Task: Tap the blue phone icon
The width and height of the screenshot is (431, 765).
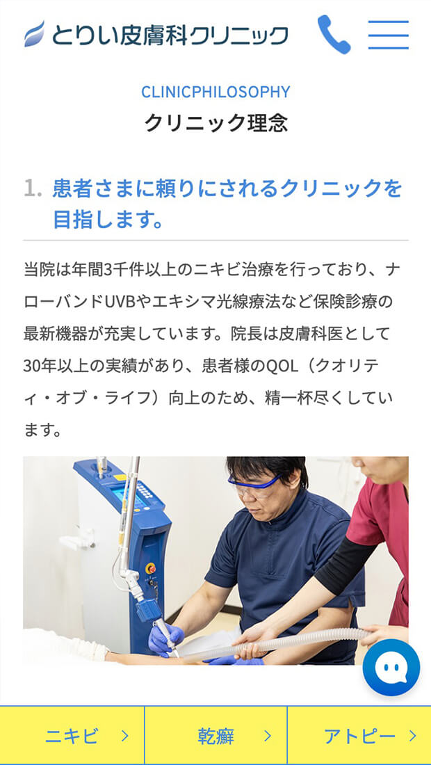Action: (334, 35)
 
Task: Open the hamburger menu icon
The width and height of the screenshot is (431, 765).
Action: (388, 35)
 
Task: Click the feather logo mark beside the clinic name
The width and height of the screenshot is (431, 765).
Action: (34, 33)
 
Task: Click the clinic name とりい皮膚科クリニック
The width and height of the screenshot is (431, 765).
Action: (170, 35)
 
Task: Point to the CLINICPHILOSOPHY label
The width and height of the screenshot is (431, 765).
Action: (215, 92)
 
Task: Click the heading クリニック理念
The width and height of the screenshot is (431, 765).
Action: (215, 123)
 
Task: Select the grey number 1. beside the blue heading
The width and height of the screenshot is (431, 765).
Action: (33, 188)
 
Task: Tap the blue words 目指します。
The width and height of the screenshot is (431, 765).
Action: (107, 220)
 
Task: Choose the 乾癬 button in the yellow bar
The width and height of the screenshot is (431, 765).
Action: (215, 736)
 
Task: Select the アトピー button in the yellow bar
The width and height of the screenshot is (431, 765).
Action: (359, 736)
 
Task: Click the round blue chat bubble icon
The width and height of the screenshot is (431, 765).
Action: (391, 668)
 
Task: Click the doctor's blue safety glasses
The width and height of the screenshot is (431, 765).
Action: (254, 485)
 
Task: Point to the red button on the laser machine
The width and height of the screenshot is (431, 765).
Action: (151, 568)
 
